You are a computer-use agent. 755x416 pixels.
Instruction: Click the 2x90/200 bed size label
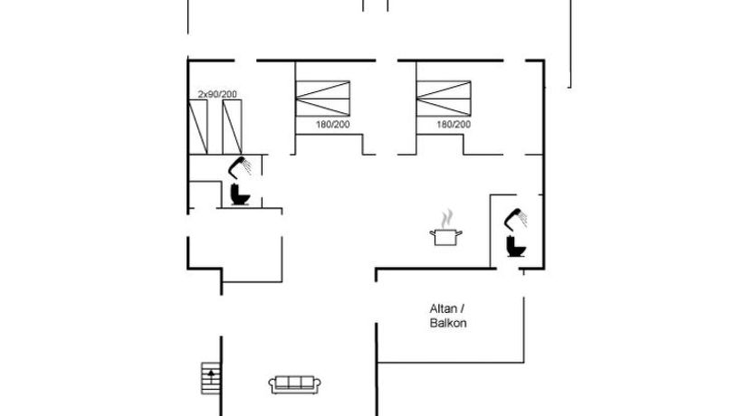click(x=217, y=94)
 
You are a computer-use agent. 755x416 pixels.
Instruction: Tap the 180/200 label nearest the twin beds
click(x=333, y=125)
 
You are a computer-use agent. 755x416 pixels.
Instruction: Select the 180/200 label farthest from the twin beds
click(x=454, y=125)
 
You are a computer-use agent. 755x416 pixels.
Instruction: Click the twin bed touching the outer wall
click(x=198, y=127)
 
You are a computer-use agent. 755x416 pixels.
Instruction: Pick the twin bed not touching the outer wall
click(x=232, y=127)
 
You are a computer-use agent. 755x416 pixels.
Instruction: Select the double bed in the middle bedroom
click(x=322, y=99)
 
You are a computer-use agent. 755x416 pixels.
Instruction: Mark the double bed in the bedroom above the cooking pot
click(x=444, y=99)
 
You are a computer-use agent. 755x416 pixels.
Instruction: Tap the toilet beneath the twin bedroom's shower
click(x=240, y=194)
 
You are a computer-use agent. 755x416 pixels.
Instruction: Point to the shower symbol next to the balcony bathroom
click(x=515, y=219)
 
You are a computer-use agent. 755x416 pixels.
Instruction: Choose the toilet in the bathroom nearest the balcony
click(x=516, y=246)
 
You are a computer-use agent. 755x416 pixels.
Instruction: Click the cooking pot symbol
click(x=446, y=237)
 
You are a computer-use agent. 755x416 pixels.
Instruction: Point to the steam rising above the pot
click(x=448, y=218)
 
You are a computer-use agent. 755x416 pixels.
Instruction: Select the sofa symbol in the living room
click(x=295, y=385)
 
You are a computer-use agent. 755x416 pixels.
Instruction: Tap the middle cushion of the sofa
click(x=295, y=383)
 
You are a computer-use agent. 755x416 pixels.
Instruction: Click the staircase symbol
click(x=211, y=379)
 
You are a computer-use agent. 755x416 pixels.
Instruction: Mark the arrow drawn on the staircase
click(x=211, y=375)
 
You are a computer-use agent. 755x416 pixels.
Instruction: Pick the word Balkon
click(x=448, y=323)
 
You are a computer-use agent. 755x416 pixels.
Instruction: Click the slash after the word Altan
click(x=463, y=308)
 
